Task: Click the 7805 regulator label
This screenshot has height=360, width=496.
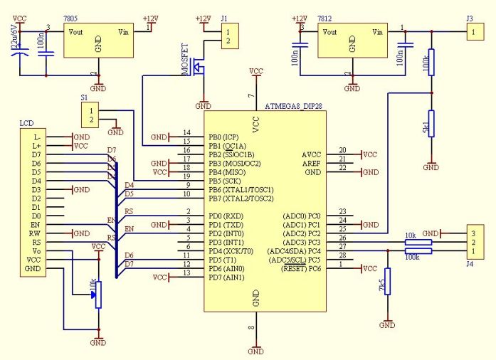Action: click(70, 16)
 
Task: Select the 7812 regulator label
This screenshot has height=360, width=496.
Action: click(324, 16)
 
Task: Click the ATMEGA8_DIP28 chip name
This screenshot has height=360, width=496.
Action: click(294, 107)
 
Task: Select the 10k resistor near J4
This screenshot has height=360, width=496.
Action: click(418, 243)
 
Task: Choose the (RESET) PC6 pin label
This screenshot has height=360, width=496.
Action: click(297, 268)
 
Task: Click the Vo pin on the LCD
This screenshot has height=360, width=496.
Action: click(37, 250)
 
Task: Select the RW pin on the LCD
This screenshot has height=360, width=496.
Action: click(36, 233)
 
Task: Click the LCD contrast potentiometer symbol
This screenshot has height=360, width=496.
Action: click(98, 293)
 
